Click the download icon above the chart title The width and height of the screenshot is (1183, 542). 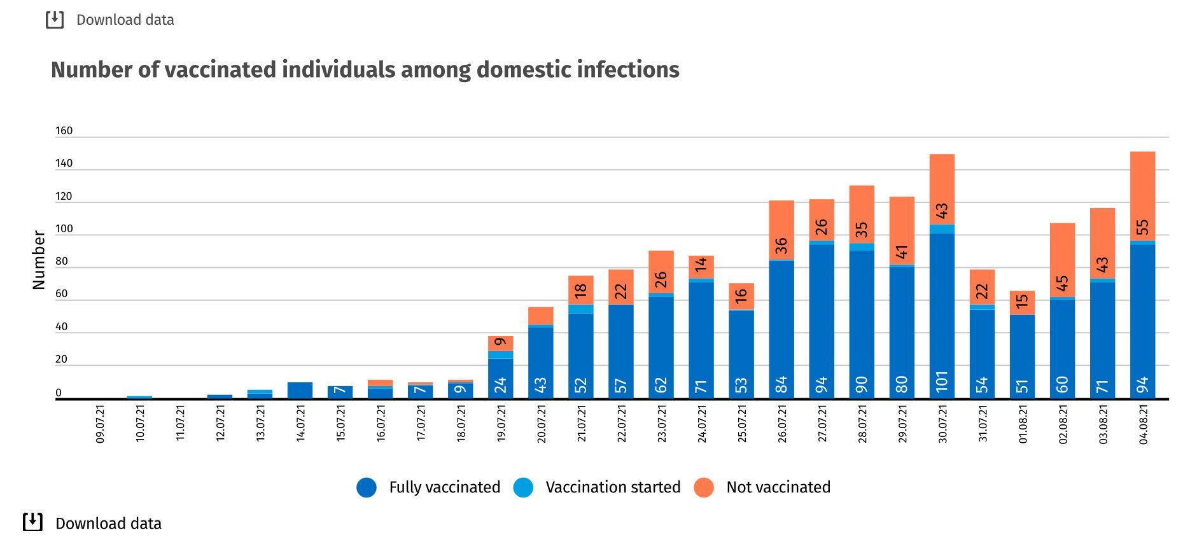(55, 20)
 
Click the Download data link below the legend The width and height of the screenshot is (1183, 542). (108, 524)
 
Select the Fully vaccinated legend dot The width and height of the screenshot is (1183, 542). (367, 487)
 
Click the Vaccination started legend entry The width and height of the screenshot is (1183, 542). (612, 487)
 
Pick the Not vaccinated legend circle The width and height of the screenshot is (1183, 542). (703, 487)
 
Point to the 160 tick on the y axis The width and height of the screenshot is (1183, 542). (64, 131)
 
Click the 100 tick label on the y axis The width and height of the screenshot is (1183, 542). (64, 229)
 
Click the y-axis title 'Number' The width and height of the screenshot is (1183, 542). (39, 260)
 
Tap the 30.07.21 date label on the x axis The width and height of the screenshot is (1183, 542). (942, 423)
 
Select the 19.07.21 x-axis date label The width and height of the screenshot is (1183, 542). (501, 423)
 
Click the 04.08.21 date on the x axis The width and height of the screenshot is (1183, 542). (1143, 423)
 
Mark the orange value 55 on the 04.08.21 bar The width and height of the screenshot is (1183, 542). (1142, 227)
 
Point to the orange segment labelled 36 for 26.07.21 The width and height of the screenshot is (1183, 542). (781, 230)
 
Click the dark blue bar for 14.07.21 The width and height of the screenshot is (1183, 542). (300, 391)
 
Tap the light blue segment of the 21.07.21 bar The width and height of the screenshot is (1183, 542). (580, 309)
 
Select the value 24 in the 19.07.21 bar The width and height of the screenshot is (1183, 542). (500, 385)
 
